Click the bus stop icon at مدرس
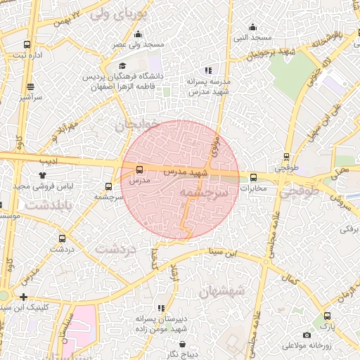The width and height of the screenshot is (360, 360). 139,169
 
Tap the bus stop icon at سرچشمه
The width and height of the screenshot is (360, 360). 108,186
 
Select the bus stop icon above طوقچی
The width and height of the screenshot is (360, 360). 286,157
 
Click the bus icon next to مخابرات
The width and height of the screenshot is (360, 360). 254,177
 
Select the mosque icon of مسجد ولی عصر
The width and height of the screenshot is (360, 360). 138,34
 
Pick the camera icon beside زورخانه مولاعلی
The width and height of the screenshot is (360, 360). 307,335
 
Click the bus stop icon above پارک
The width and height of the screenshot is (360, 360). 326,316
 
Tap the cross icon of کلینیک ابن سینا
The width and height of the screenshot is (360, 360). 25,297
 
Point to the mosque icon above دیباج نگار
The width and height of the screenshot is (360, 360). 184,345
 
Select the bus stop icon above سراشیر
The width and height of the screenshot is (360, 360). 30,87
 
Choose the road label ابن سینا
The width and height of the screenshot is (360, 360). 237,253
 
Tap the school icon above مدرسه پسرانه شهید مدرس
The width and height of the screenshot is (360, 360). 207,70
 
